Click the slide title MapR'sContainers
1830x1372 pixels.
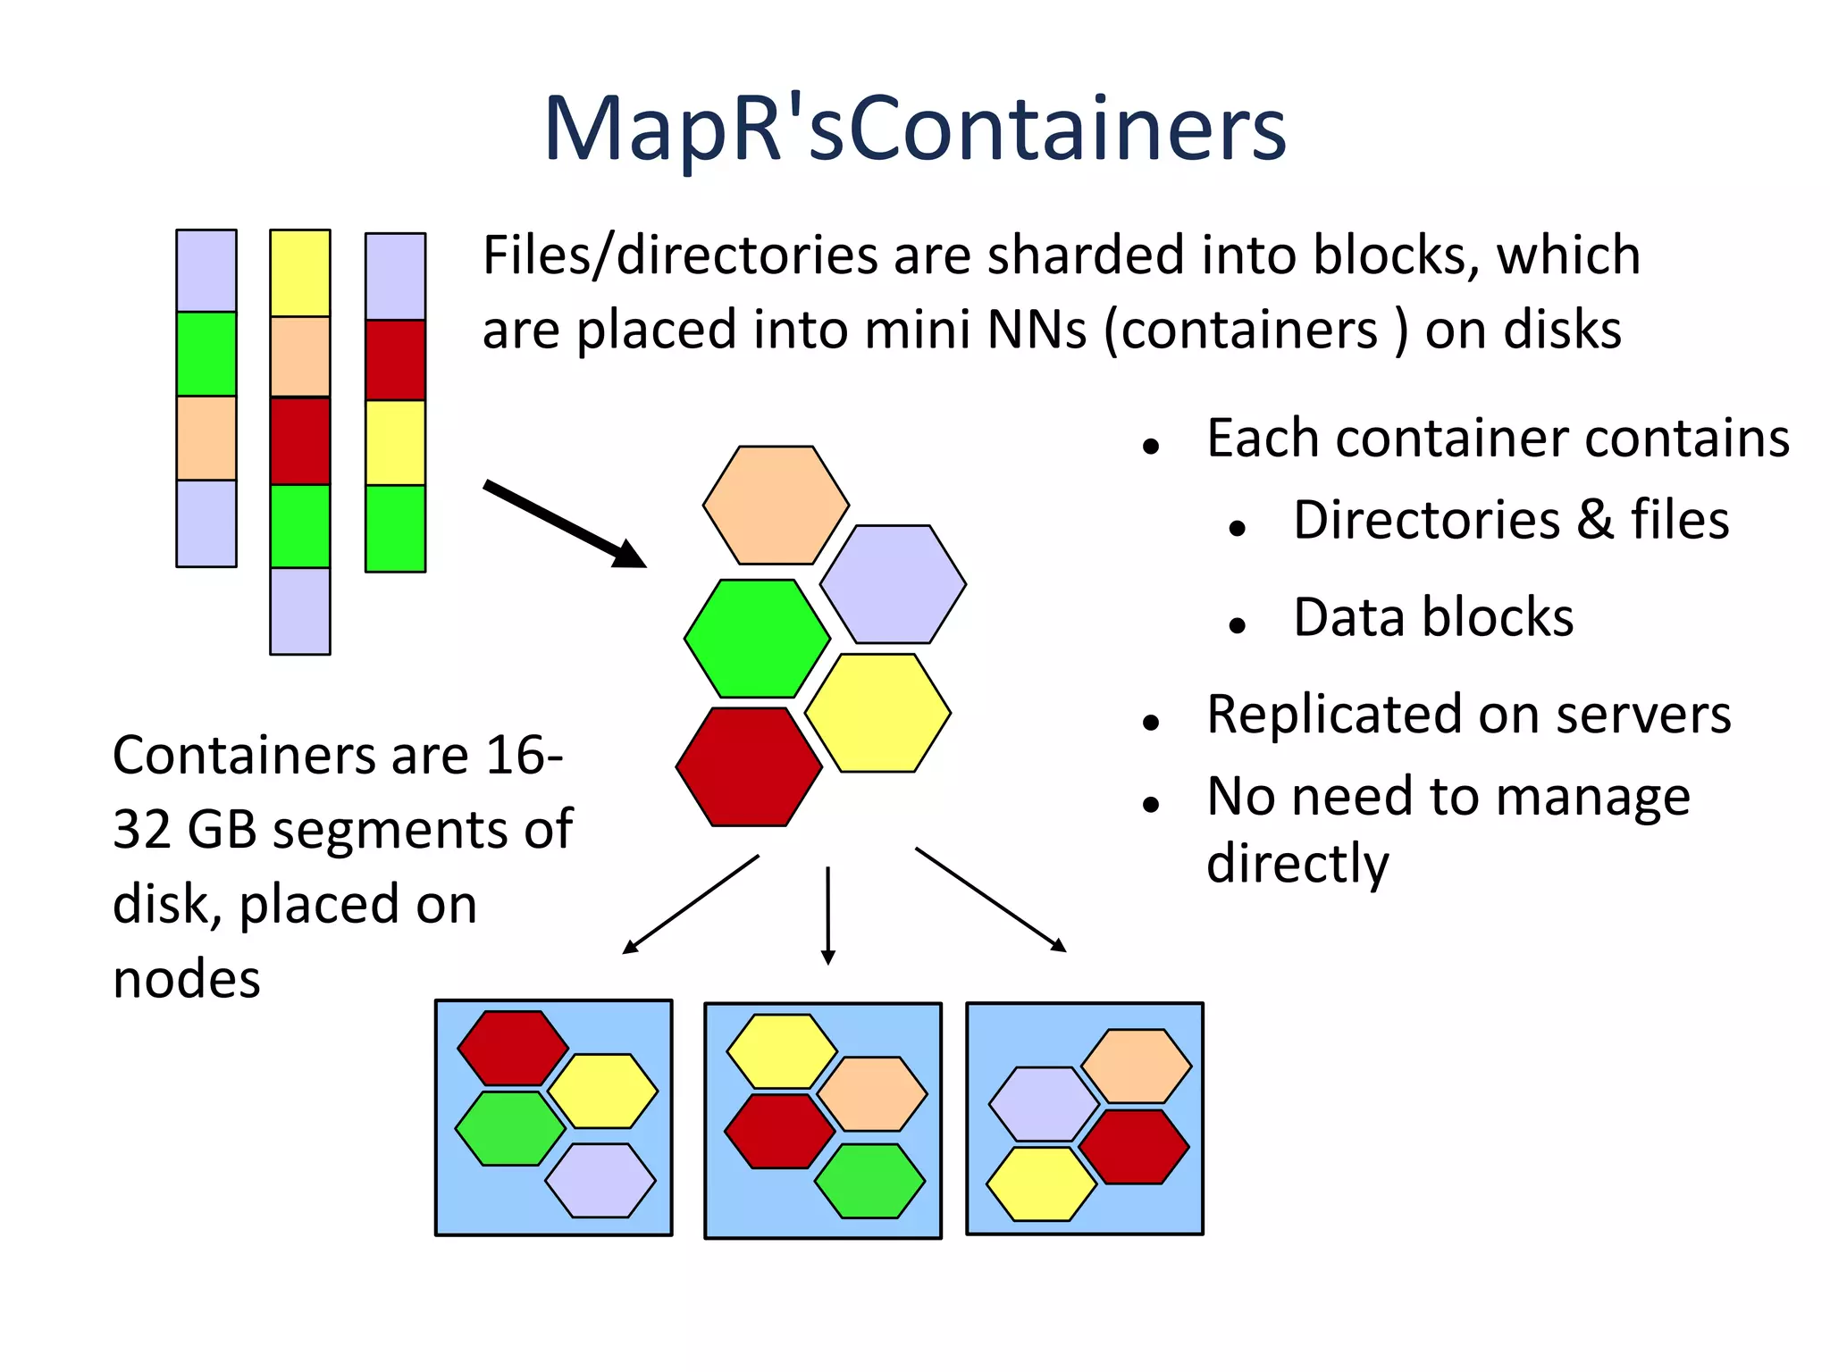pos(914,130)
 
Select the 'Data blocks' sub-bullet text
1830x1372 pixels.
pos(1432,617)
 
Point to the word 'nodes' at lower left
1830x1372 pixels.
pos(186,979)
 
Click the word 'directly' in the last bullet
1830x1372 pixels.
pos(1297,863)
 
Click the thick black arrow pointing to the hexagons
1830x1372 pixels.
pos(563,523)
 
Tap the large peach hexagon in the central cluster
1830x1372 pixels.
pos(776,506)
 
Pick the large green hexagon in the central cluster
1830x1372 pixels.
pos(757,639)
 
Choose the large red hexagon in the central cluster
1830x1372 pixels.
pos(749,766)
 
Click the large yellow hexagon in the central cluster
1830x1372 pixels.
pos(877,713)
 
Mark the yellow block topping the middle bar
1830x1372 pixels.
pos(300,273)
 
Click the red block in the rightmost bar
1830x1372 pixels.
pos(395,360)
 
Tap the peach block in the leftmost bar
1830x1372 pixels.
pos(206,439)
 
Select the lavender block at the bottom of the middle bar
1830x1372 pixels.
pos(300,611)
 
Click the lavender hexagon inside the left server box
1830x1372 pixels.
pos(600,1180)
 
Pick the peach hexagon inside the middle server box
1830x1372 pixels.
pos(872,1094)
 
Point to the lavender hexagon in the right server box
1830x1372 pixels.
pos(1044,1104)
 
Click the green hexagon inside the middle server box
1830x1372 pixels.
pos(869,1181)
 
